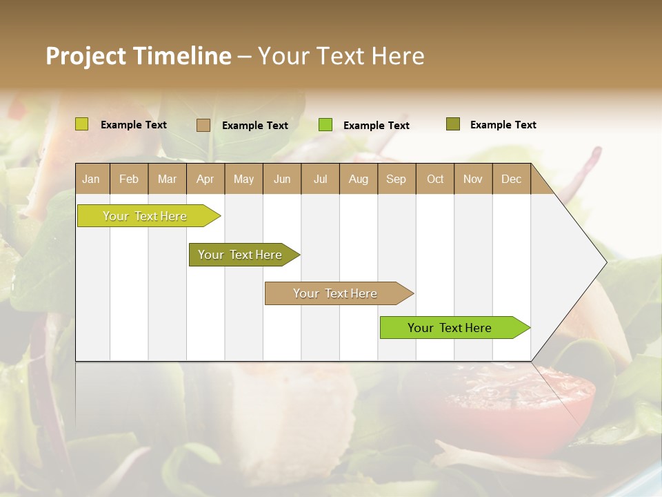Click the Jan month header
click(x=91, y=179)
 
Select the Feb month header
click(x=129, y=179)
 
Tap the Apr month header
click(x=205, y=179)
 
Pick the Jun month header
click(x=282, y=179)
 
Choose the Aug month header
click(x=358, y=179)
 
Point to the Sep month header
click(x=396, y=179)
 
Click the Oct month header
click(x=435, y=179)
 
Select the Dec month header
click(x=511, y=179)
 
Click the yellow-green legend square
click(x=82, y=124)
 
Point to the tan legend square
click(x=203, y=125)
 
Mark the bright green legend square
click(x=325, y=125)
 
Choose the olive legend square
click(x=453, y=124)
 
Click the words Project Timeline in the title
click(x=138, y=56)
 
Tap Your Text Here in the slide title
click(x=341, y=56)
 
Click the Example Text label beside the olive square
click(x=503, y=125)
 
